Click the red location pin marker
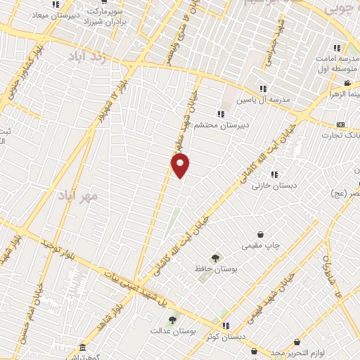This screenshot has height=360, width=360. tap(181, 165)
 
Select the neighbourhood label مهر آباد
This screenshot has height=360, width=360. tap(78, 195)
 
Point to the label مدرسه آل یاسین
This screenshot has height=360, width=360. tap(273, 99)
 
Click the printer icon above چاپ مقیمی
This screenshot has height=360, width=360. tap(261, 234)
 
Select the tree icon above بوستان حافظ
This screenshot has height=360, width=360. tap(215, 258)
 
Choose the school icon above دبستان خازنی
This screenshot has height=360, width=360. tap(274, 174)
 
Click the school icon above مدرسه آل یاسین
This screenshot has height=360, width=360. tap(263, 89)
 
